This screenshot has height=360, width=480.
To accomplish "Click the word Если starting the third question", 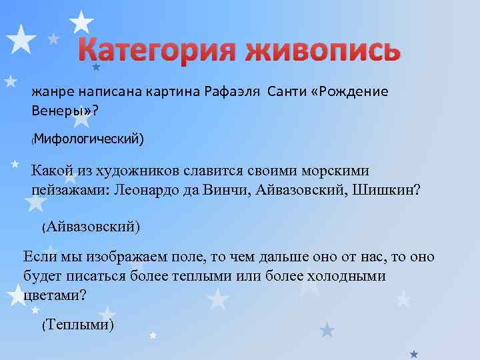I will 38,257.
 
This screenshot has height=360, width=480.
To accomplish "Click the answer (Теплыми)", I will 78,325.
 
